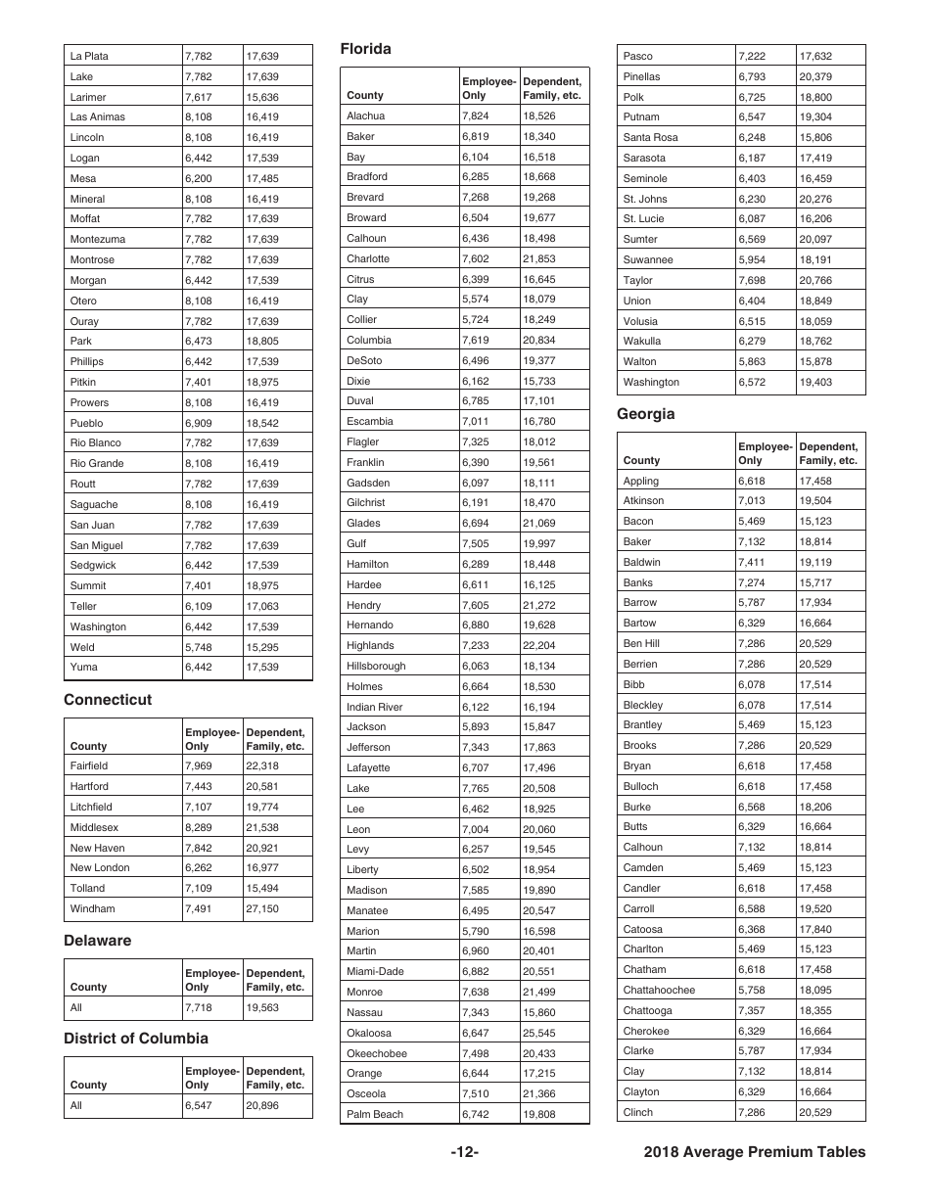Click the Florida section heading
(365, 49)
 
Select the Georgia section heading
(645, 414)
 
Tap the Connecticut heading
(108, 700)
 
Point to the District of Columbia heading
(136, 1039)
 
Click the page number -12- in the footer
(464, 1152)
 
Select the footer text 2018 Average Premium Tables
(755, 1152)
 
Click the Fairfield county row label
(89, 766)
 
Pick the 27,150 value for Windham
(262, 909)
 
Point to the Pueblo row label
(86, 423)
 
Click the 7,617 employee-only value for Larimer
(199, 97)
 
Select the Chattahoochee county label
(659, 991)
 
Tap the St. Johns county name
(645, 199)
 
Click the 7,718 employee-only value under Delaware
(199, 1007)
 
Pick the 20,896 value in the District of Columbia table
(262, 1106)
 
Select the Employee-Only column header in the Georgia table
(764, 453)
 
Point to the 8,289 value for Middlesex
(199, 827)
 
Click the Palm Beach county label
(375, 1115)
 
